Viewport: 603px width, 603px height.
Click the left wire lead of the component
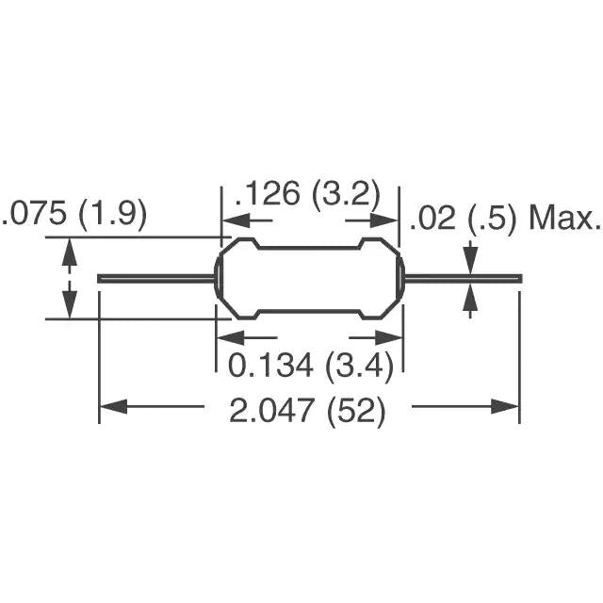(156, 278)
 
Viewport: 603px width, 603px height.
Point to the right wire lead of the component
(463, 278)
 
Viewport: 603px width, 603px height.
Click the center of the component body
(310, 278)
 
